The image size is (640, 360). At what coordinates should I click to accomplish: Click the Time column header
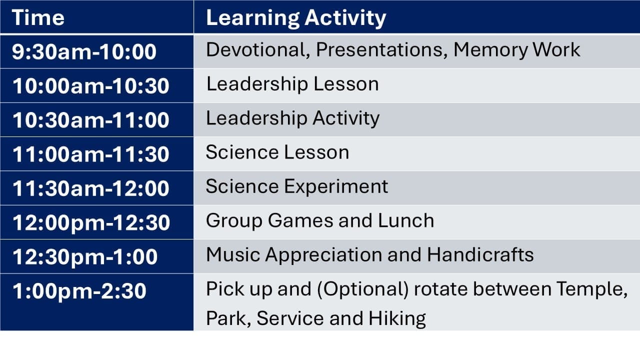pos(38,17)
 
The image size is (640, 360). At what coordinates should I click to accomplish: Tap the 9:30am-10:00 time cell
pos(84,51)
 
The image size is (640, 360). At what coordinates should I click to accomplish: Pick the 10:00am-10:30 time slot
pos(91,85)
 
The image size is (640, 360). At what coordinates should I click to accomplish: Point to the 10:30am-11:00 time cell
pos(91,120)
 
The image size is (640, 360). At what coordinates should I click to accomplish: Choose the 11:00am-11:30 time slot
pos(91,154)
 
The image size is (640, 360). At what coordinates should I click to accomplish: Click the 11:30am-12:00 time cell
pos(91,188)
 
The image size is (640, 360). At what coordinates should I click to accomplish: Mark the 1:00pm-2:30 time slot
pos(79,291)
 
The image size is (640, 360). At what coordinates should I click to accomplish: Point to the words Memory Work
pos(517,50)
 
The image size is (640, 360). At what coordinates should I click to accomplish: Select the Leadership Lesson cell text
pos(292,84)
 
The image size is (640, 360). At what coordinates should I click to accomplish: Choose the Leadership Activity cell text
pos(292,119)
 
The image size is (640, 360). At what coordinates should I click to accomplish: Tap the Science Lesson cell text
pos(277,152)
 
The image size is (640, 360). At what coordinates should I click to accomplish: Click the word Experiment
pos(335,187)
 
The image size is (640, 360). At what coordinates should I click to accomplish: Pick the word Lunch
pos(406,220)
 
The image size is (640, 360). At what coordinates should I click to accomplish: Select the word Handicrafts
pos(480,254)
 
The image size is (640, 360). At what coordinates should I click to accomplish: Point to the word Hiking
pos(397,319)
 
